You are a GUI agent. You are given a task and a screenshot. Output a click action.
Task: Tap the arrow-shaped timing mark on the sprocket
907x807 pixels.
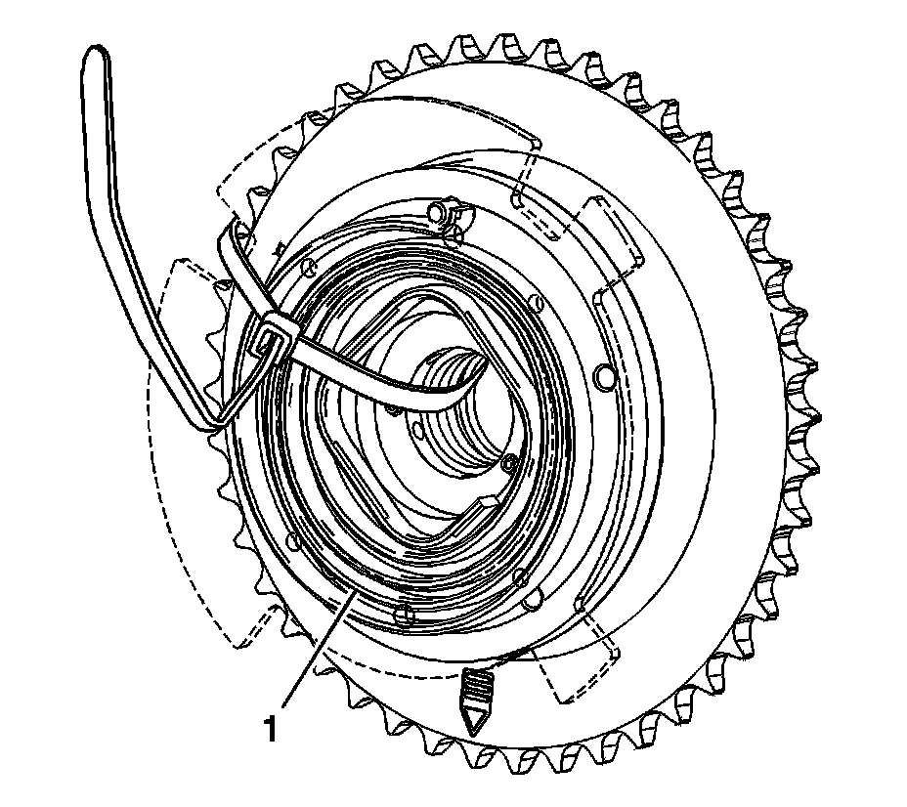pos(475,701)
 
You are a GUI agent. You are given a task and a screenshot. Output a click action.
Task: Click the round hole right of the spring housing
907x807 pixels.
pos(602,375)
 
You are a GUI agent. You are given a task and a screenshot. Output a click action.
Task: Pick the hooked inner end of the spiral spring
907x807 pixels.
pos(487,505)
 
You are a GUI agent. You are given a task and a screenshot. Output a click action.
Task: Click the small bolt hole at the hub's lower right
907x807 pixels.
pos(511,459)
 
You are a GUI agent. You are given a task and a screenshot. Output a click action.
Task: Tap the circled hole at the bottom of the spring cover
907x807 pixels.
pos(404,614)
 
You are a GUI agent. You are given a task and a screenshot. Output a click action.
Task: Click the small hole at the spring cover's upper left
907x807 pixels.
pos(306,265)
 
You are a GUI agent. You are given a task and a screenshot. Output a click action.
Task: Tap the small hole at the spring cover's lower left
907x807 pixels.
pos(290,541)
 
